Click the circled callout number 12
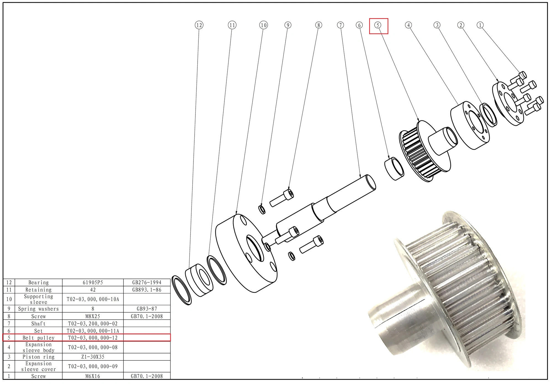[199, 25]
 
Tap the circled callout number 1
[480, 25]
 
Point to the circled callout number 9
[288, 25]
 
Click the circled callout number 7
[341, 25]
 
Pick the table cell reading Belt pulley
[39, 338]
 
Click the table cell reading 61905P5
[93, 282]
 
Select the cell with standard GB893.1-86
[147, 290]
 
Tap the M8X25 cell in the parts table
[93, 316]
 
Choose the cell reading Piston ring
[39, 357]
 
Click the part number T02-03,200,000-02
[93, 324]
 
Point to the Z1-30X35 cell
[93, 357]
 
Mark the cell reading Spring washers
[39, 309]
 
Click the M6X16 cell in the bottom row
[93, 376]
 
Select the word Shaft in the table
[39, 324]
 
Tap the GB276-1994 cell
[147, 282]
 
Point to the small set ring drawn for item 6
[394, 169]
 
